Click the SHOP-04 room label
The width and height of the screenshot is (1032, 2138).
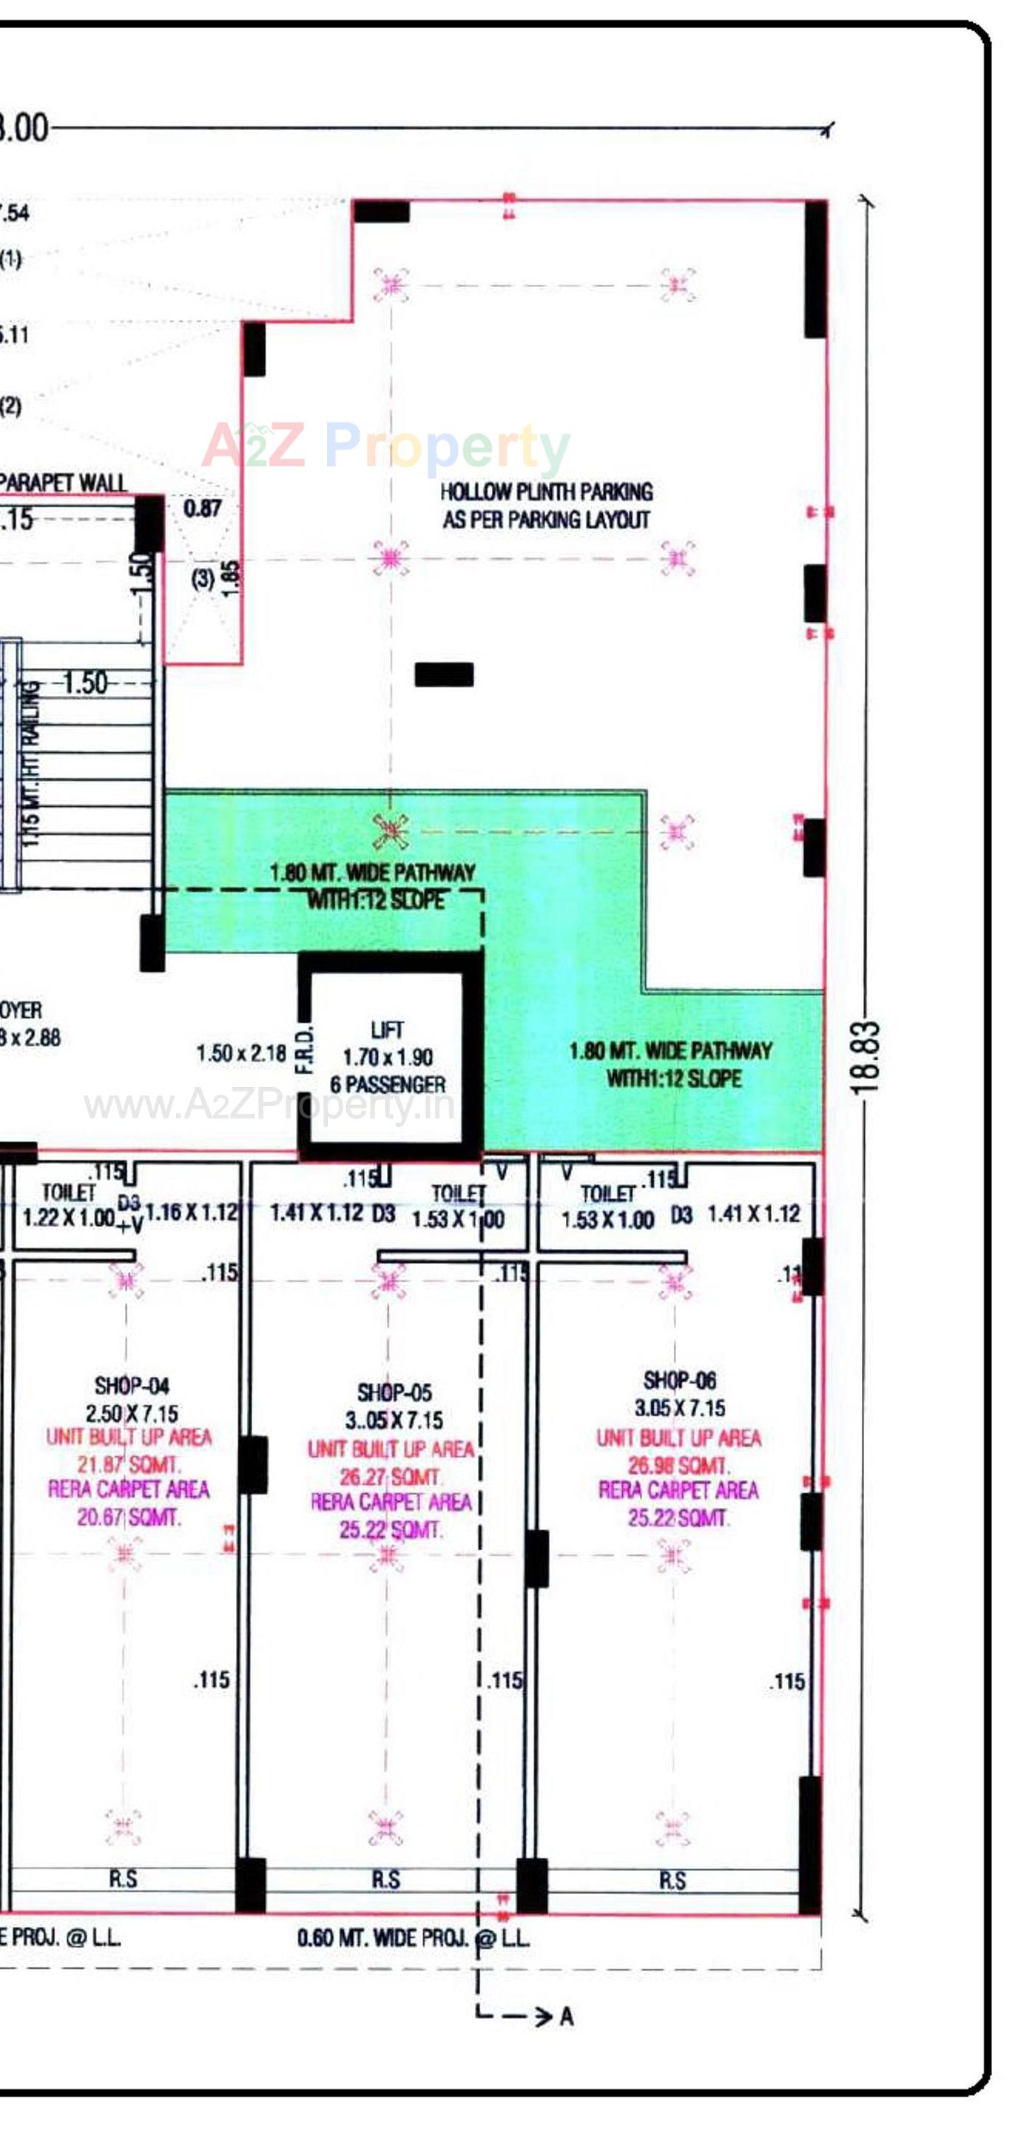coord(131,1385)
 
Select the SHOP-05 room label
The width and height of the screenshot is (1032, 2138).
coord(394,1392)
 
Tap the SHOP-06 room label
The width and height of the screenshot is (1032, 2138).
coord(679,1380)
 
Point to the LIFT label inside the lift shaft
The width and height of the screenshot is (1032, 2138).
coord(387,1030)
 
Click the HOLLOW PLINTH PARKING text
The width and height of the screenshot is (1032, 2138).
coord(546,491)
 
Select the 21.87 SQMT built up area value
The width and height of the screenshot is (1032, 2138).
coord(129,1464)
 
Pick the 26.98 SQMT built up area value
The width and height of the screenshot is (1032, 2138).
coord(678,1465)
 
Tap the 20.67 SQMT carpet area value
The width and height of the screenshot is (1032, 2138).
coord(129,1518)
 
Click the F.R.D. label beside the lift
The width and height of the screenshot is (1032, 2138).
coord(306,1049)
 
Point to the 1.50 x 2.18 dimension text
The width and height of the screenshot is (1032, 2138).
coord(240,1053)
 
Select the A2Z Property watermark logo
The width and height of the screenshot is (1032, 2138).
coord(386,446)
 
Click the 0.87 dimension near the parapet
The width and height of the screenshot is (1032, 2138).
coord(203,508)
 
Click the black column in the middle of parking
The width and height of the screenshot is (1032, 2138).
coord(444,674)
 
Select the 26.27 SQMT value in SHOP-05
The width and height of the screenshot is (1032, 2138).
coord(389,1477)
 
